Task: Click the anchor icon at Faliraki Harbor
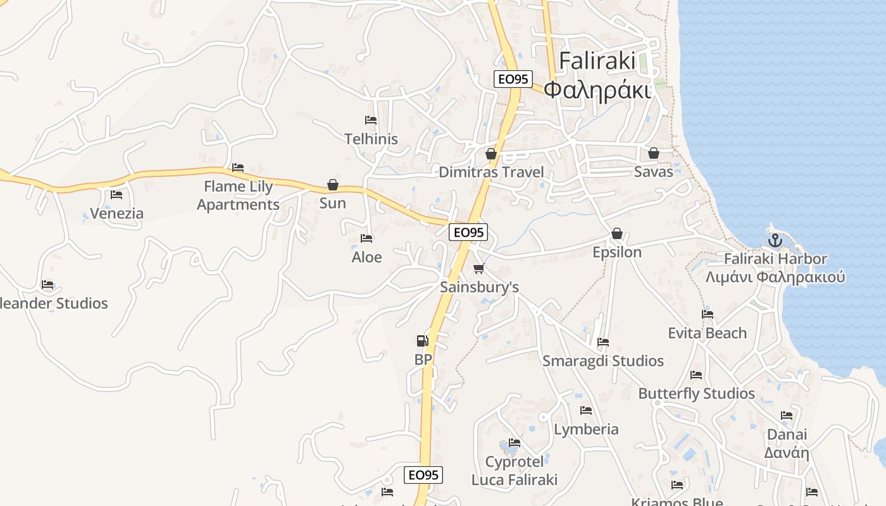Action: [775, 240]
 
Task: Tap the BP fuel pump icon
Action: [422, 341]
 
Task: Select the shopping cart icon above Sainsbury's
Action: [479, 269]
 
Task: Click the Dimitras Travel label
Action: [491, 172]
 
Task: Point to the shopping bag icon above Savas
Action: [654, 154]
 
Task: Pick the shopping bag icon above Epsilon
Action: [617, 234]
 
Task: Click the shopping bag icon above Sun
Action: [333, 185]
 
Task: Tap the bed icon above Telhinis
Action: [371, 120]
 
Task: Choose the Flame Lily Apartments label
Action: [238, 195]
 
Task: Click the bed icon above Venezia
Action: [116, 195]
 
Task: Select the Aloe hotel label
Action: [367, 257]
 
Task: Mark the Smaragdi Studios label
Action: [603, 361]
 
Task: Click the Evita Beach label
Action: [708, 333]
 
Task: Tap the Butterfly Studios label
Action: [696, 393]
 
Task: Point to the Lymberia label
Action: [586, 429]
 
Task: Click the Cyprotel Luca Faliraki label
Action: [515, 471]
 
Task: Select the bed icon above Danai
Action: [787, 416]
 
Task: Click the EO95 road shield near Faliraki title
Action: [513, 79]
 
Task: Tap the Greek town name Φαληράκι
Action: [597, 90]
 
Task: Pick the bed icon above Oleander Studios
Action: [47, 285]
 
